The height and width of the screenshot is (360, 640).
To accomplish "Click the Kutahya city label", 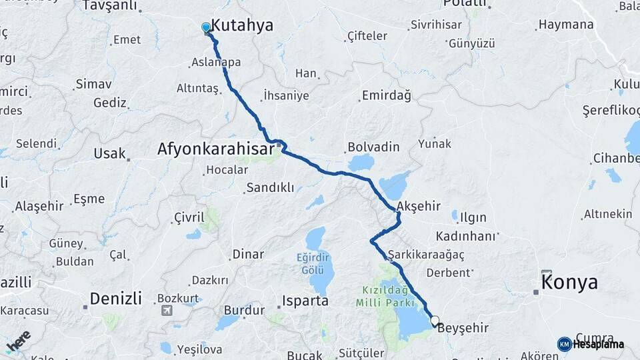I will pyautogui.click(x=242, y=25).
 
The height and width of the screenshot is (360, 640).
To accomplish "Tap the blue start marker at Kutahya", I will pyautogui.click(x=206, y=28).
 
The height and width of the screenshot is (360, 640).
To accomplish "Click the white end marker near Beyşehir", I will pyautogui.click(x=435, y=321).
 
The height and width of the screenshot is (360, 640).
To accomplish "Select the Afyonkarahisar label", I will pyautogui.click(x=215, y=149).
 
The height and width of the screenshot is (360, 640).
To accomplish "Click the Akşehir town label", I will pyautogui.click(x=418, y=206).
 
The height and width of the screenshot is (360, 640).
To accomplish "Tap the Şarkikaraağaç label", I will pyautogui.click(x=425, y=255).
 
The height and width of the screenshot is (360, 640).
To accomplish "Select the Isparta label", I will pyautogui.click(x=305, y=301).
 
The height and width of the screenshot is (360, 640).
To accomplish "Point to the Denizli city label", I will pyautogui.click(x=116, y=298).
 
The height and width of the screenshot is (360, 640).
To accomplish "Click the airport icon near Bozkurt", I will pyautogui.click(x=166, y=311).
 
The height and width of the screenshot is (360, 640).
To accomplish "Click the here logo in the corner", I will pyautogui.click(x=18, y=340).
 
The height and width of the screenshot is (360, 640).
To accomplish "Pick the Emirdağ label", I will pyautogui.click(x=386, y=96).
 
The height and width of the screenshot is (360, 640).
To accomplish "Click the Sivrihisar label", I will pyautogui.click(x=437, y=25).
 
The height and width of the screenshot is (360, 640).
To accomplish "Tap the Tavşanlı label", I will pyautogui.click(x=109, y=6).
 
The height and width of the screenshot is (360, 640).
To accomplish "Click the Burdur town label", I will pyautogui.click(x=239, y=310).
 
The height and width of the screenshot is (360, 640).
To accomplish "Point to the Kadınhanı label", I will pyautogui.click(x=467, y=236).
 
